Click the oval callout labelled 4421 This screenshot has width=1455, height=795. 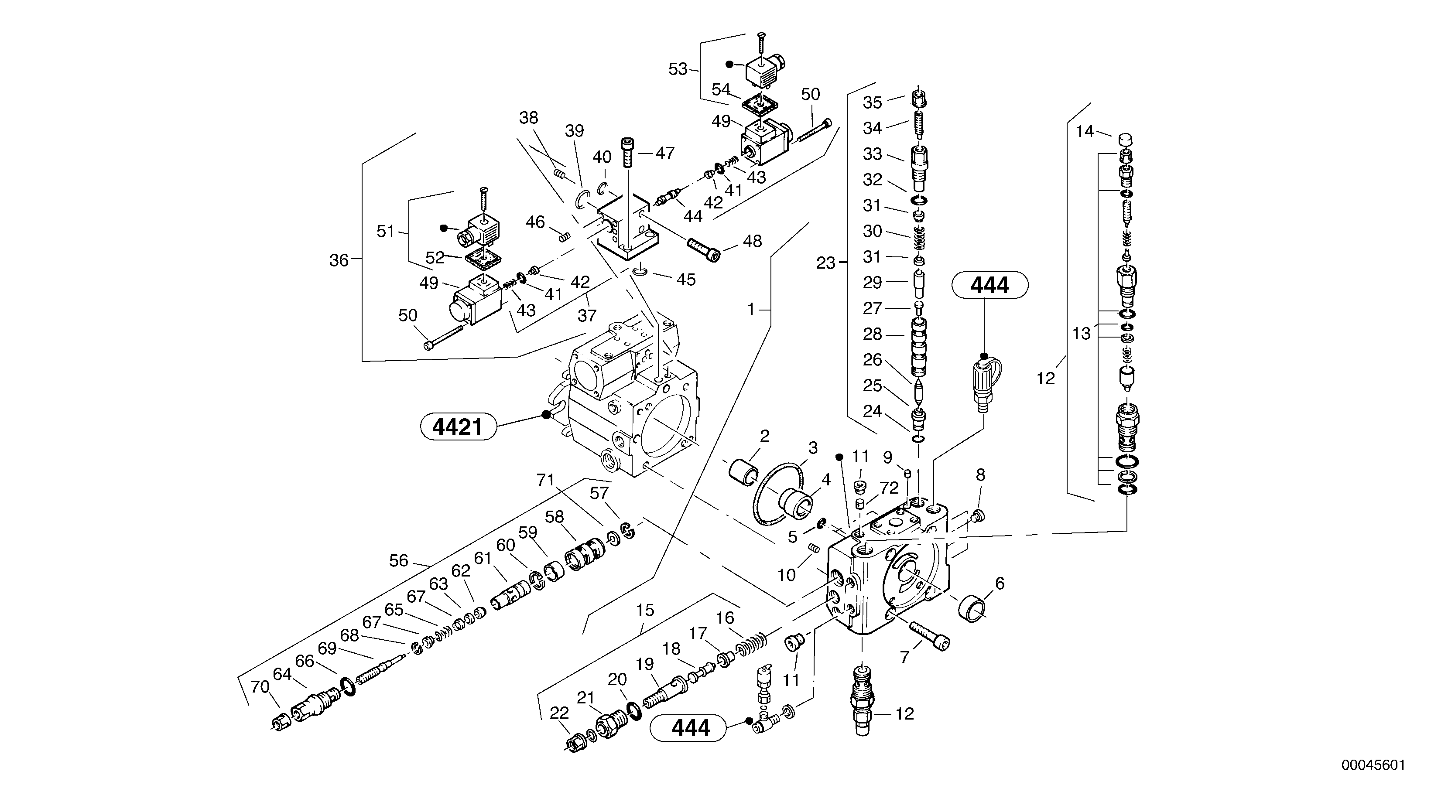pos(458,427)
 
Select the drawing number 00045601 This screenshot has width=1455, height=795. pos(1373,766)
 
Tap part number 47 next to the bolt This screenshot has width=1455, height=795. pos(665,153)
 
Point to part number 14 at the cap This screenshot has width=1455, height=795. pos(1085,132)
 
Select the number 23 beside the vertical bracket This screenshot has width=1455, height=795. pos(825,263)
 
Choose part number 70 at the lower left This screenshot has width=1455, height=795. pos(260,687)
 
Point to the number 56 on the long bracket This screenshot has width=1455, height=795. pos(398,561)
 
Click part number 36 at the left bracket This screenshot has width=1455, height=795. pos(339,260)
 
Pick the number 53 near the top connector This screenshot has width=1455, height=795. pos(678,69)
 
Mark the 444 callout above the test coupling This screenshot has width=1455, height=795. pos(989,286)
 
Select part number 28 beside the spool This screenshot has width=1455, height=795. pos(872,334)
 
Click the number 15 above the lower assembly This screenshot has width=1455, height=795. pos(644,611)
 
